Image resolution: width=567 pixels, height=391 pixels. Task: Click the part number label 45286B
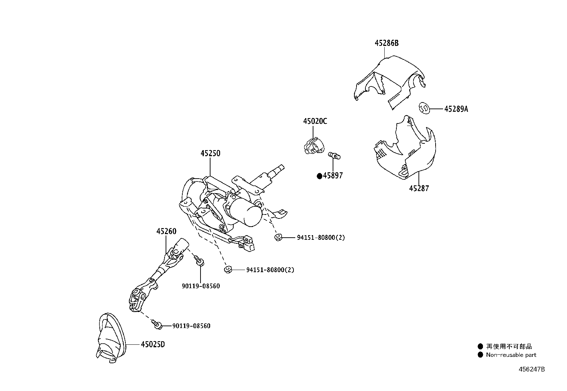(x=386, y=43)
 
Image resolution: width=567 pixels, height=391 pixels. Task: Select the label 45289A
(x=456, y=109)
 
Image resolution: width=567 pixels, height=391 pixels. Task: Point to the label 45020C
(x=315, y=121)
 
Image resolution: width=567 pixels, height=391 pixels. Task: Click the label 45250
(x=210, y=154)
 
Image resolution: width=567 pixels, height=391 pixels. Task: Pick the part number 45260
(x=166, y=231)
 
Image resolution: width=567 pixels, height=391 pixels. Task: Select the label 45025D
(x=153, y=344)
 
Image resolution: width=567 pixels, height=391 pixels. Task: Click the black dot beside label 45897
(x=319, y=176)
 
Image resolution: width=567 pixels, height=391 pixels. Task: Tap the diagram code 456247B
(x=531, y=369)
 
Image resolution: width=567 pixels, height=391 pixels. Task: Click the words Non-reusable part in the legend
(x=511, y=355)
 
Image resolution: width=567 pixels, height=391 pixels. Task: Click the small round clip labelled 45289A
(x=424, y=107)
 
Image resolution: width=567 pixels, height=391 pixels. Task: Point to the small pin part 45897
(x=334, y=155)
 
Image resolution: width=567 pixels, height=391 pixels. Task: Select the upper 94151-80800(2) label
(x=321, y=237)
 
